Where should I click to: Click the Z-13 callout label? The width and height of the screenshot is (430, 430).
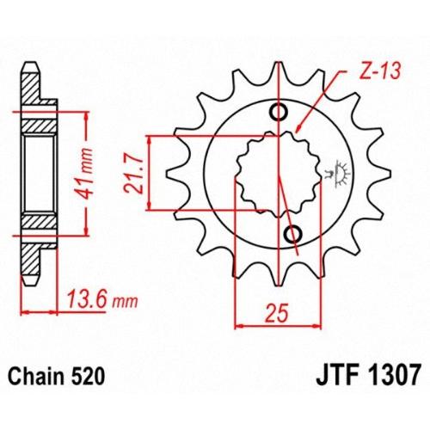point(380,71)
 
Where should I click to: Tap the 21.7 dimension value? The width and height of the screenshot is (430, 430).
point(133,175)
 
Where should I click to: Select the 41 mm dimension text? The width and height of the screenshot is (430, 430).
point(85,174)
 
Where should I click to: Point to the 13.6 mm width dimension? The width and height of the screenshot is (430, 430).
point(102,300)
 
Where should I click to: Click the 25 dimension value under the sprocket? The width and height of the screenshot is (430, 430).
point(276,313)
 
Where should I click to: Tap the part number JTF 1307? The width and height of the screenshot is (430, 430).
point(369,374)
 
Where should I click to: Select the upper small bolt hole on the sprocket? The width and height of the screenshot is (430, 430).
point(279,112)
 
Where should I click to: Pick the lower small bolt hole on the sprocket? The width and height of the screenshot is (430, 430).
point(293,235)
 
